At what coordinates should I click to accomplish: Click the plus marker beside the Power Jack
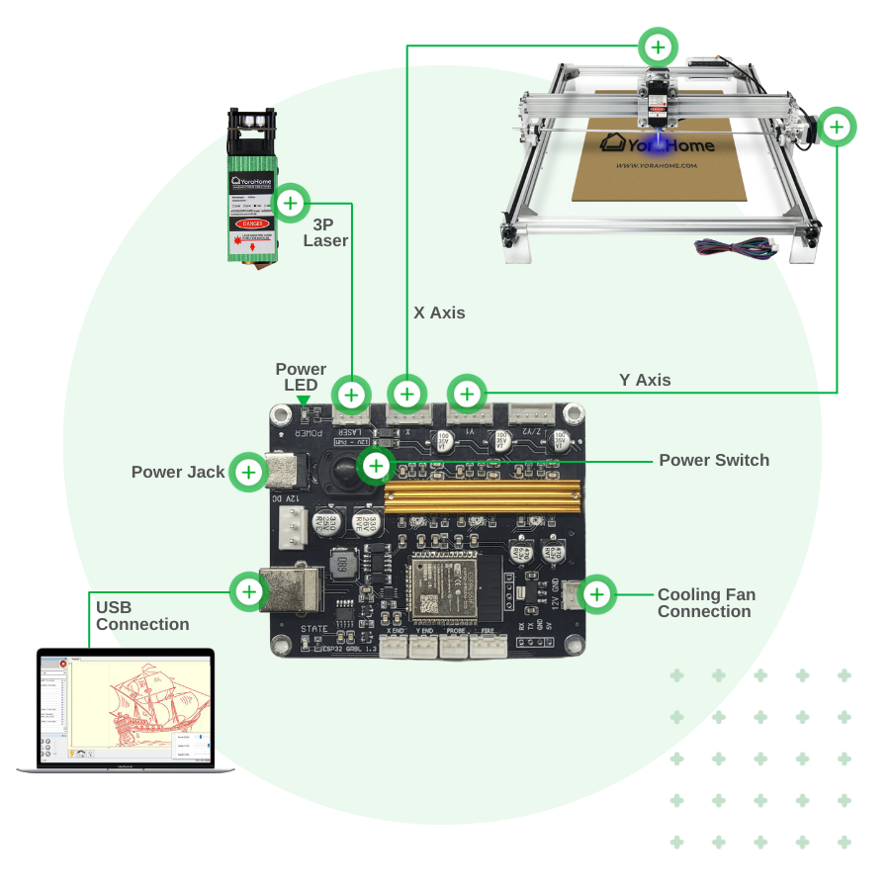coord(248,473)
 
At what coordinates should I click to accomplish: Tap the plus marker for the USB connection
coord(249,592)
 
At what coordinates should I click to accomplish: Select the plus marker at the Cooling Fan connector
coord(597,594)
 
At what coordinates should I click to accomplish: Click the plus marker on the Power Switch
coord(376,465)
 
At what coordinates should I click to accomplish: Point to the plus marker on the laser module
coord(290,204)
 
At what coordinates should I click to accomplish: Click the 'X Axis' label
coord(439,312)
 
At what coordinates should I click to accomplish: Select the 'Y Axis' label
coord(645,380)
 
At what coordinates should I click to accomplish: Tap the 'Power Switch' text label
coord(714,460)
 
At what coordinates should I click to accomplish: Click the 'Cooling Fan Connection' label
coord(706,603)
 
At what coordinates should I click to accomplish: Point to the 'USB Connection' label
coord(142,615)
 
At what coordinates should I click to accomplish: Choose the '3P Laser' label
coord(325,232)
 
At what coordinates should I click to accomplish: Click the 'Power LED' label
coord(301,377)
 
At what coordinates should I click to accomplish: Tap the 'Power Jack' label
coord(178,473)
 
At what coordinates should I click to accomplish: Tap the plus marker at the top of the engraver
coord(658,45)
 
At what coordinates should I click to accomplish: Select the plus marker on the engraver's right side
coord(837,127)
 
